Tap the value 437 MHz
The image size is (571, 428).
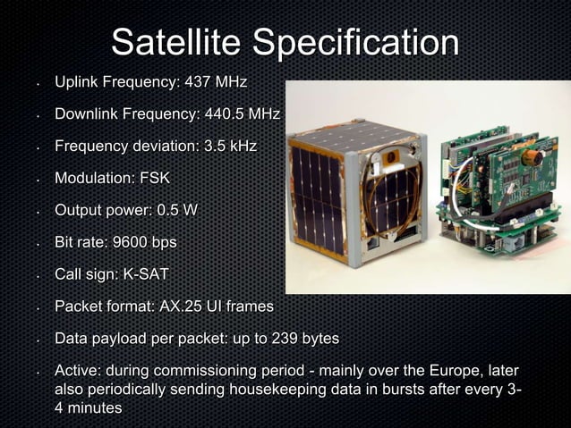pyautogui.click(x=215, y=83)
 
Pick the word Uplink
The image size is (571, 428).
pyautogui.click(x=76, y=83)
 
